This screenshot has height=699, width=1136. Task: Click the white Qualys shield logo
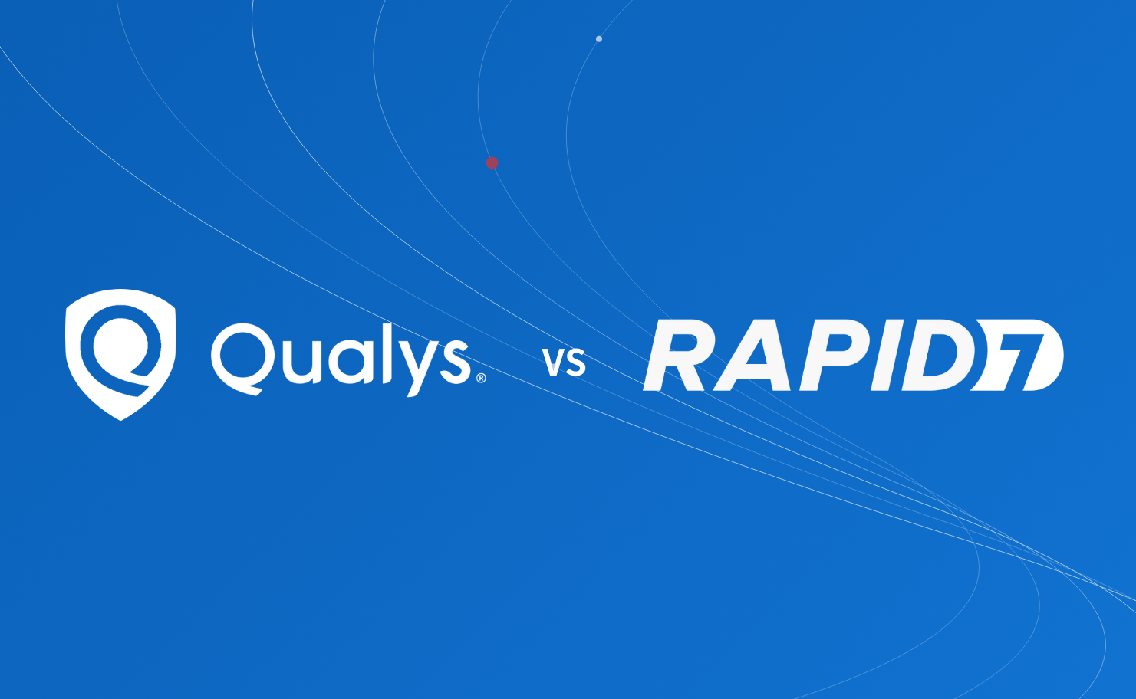click(x=120, y=354)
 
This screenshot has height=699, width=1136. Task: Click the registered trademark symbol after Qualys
click(x=481, y=378)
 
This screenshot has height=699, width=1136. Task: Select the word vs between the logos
click(x=565, y=362)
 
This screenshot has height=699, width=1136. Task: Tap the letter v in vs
click(x=554, y=363)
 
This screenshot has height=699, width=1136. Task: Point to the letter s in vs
click(x=576, y=363)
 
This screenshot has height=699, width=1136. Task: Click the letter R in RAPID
click(x=678, y=356)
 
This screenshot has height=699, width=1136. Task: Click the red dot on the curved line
click(x=492, y=162)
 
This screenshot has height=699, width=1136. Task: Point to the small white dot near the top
click(x=599, y=39)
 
